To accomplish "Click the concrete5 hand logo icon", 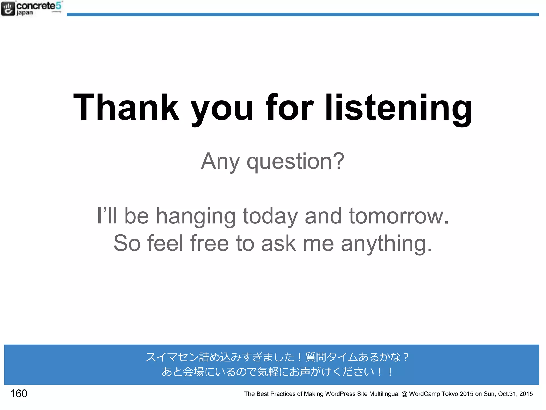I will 8,8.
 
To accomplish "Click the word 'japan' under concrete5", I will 25,13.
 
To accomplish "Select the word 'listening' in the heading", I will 399,108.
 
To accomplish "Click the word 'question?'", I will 295,162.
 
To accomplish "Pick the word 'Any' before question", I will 220,162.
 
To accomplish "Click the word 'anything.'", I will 386,243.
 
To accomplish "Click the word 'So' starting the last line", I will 127,243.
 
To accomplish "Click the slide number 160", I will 19,393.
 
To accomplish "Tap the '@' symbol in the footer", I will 404,394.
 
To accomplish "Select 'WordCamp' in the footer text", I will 424,394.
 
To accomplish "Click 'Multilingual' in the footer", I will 384,394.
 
